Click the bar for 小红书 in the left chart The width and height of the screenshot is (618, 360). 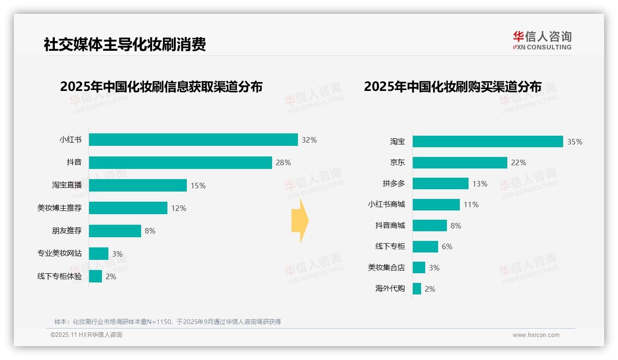click(x=193, y=139)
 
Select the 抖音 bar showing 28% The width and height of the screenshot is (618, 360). click(x=180, y=162)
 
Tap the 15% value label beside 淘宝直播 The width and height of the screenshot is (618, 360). click(x=198, y=186)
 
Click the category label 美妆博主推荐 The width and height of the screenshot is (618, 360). click(x=59, y=208)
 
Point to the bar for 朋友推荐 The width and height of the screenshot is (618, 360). click(x=115, y=231)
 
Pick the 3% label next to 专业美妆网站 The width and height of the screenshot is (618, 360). click(x=117, y=254)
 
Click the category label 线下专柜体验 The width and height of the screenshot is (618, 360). click(x=59, y=276)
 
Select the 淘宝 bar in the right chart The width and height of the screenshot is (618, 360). click(x=487, y=141)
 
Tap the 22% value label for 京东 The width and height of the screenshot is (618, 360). click(x=518, y=162)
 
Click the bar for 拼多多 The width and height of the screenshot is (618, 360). click(x=440, y=183)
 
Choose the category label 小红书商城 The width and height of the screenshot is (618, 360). click(x=386, y=204)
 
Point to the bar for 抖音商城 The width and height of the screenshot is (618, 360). click(x=430, y=225)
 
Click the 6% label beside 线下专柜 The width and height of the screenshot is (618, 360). click(x=447, y=246)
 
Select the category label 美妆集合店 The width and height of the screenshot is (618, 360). click(x=386, y=267)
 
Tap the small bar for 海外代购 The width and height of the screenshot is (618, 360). click(x=417, y=288)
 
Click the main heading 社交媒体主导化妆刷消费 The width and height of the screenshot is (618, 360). click(x=125, y=44)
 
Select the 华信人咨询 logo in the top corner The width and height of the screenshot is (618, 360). click(x=542, y=41)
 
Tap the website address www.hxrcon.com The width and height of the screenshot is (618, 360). click(x=536, y=335)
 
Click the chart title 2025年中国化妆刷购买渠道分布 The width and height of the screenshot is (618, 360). click(x=452, y=86)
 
